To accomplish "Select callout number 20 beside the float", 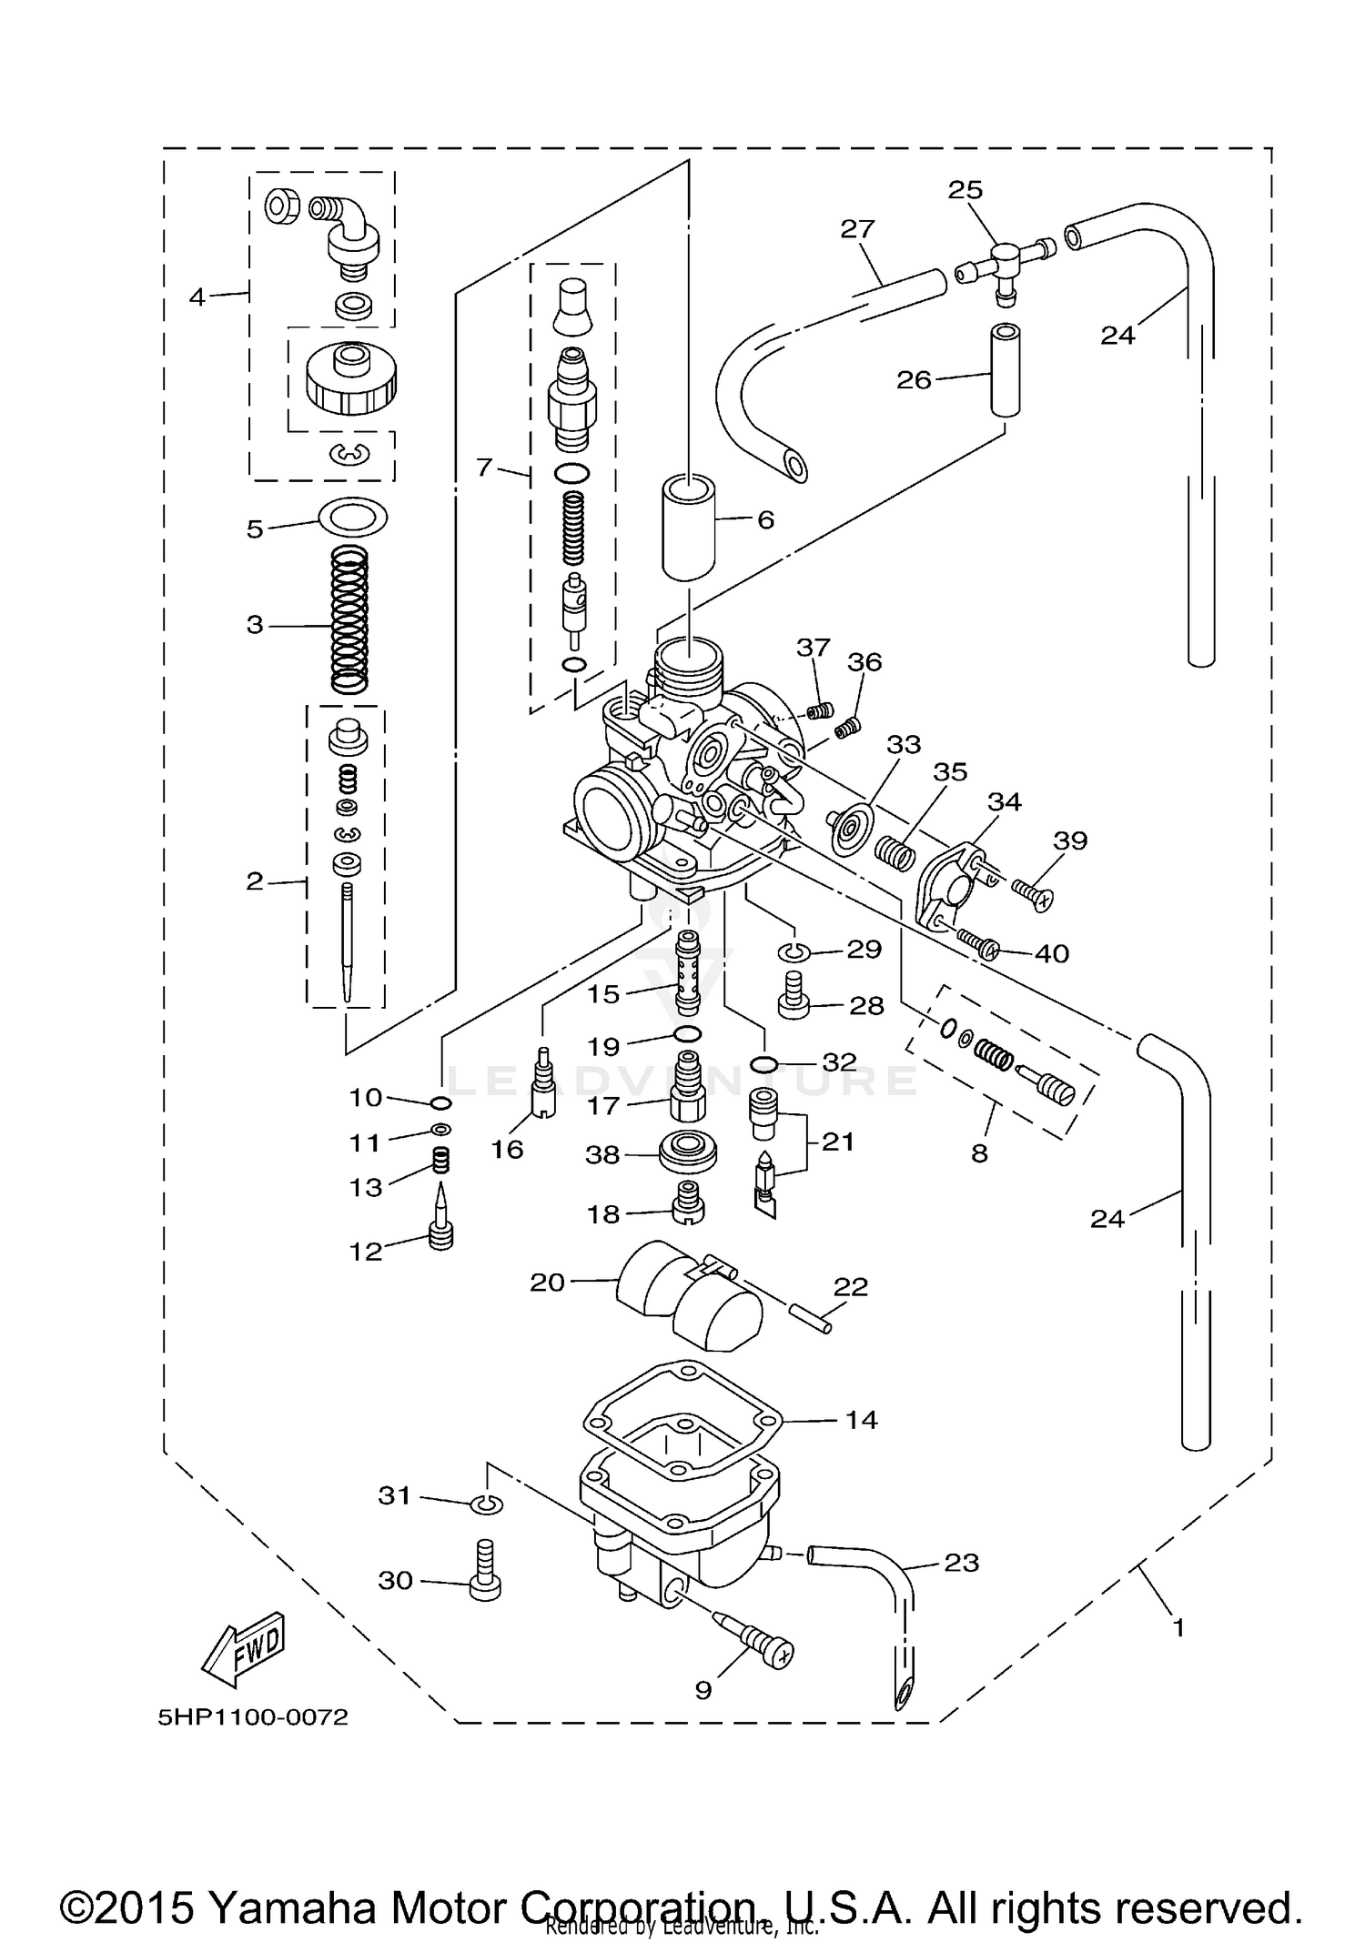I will pos(547,1283).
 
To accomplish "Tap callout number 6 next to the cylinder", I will pos(765,520).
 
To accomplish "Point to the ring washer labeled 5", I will pos(353,518).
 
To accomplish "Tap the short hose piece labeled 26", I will pos(1005,368).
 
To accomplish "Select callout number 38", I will pos(602,1154).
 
